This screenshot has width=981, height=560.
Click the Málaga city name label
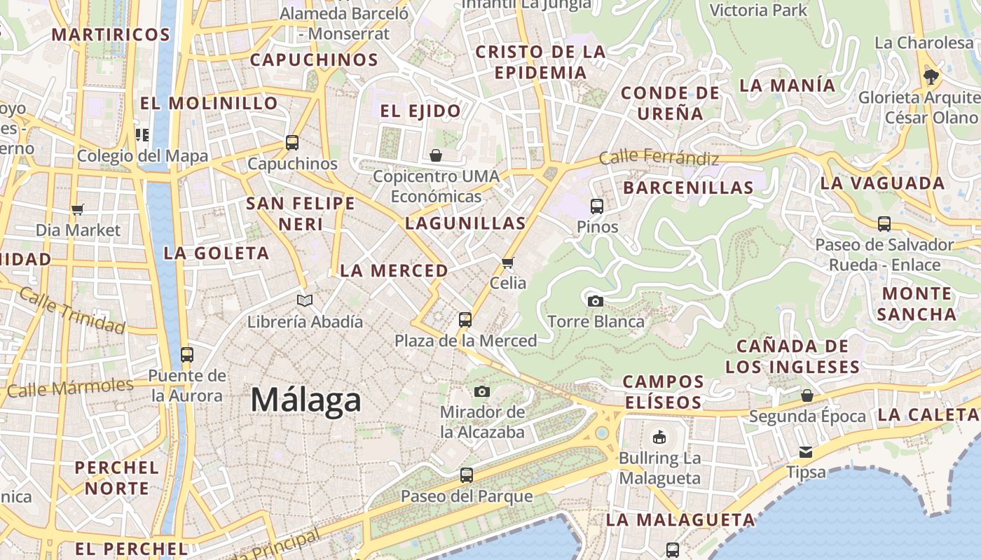(306, 400)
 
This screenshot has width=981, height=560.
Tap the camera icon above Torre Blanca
(596, 301)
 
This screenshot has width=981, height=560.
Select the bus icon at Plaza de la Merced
(465, 320)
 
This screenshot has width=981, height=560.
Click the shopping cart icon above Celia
(508, 262)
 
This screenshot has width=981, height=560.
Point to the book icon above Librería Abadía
(304, 300)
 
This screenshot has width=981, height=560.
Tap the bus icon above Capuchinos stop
(292, 143)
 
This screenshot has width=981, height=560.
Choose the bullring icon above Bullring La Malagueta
(659, 437)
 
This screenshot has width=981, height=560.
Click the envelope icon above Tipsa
(806, 451)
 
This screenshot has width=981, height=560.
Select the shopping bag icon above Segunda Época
(807, 395)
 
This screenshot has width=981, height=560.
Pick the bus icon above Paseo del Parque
(467, 475)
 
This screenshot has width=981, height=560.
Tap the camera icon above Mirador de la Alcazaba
(482, 391)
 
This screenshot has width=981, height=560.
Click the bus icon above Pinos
(597, 206)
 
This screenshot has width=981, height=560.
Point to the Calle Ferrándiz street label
(659, 157)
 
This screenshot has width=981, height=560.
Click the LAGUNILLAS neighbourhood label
(465, 223)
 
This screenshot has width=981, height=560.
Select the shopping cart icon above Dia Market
(78, 209)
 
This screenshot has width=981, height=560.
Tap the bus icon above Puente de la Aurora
(186, 354)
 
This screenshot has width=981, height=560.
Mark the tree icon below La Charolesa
(931, 76)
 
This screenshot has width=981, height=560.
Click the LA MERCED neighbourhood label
(394, 270)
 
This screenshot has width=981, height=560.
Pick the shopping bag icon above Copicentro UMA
(436, 155)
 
